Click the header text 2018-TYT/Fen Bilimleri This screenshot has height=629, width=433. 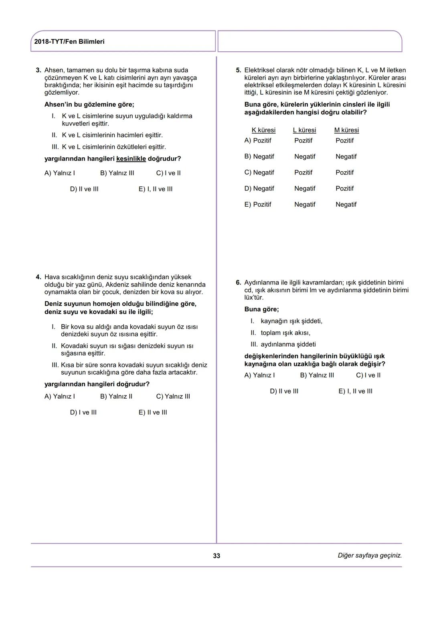pyautogui.click(x=69, y=42)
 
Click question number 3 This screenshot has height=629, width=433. pyautogui.click(x=38, y=70)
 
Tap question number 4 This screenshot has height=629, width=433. pyautogui.click(x=38, y=277)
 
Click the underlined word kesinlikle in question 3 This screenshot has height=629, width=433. pyautogui.click(x=131, y=159)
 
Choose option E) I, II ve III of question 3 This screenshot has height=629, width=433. pyautogui.click(x=156, y=189)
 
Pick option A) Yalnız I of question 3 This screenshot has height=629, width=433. pyautogui.click(x=59, y=173)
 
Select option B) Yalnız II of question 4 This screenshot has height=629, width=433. pyautogui.click(x=116, y=397)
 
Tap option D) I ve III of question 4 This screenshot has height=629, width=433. pyautogui.click(x=83, y=413)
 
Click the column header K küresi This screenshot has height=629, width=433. pyautogui.click(x=263, y=130)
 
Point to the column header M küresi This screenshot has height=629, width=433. pyautogui.click(x=346, y=130)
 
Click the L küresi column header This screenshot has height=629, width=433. pyautogui.click(x=304, y=130)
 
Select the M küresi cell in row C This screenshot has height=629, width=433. pyautogui.click(x=344, y=172)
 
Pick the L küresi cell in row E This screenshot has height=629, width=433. pyautogui.click(x=305, y=205)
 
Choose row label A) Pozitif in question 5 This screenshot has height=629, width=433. pyautogui.click(x=258, y=141)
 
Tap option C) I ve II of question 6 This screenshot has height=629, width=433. pyautogui.click(x=368, y=375)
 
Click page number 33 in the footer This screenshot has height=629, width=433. pyautogui.click(x=216, y=556)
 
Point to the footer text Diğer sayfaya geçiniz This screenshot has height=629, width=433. pyautogui.click(x=369, y=556)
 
